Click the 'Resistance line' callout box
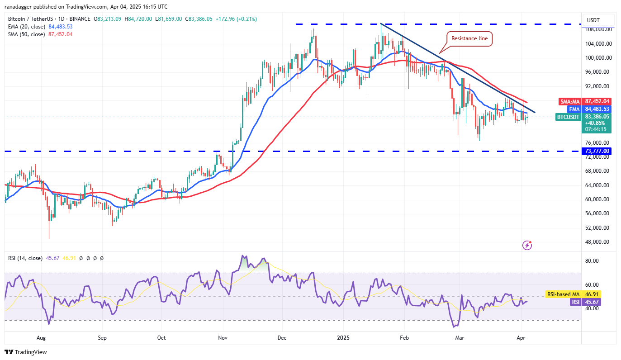(x=469, y=38)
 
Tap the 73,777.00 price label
(x=597, y=151)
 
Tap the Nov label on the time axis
(x=223, y=337)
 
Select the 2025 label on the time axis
(x=343, y=337)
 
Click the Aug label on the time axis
(x=41, y=337)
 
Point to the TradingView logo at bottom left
(x=26, y=352)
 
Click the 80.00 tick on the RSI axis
(x=592, y=261)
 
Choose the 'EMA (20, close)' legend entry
(x=27, y=27)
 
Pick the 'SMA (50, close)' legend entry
(x=27, y=34)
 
